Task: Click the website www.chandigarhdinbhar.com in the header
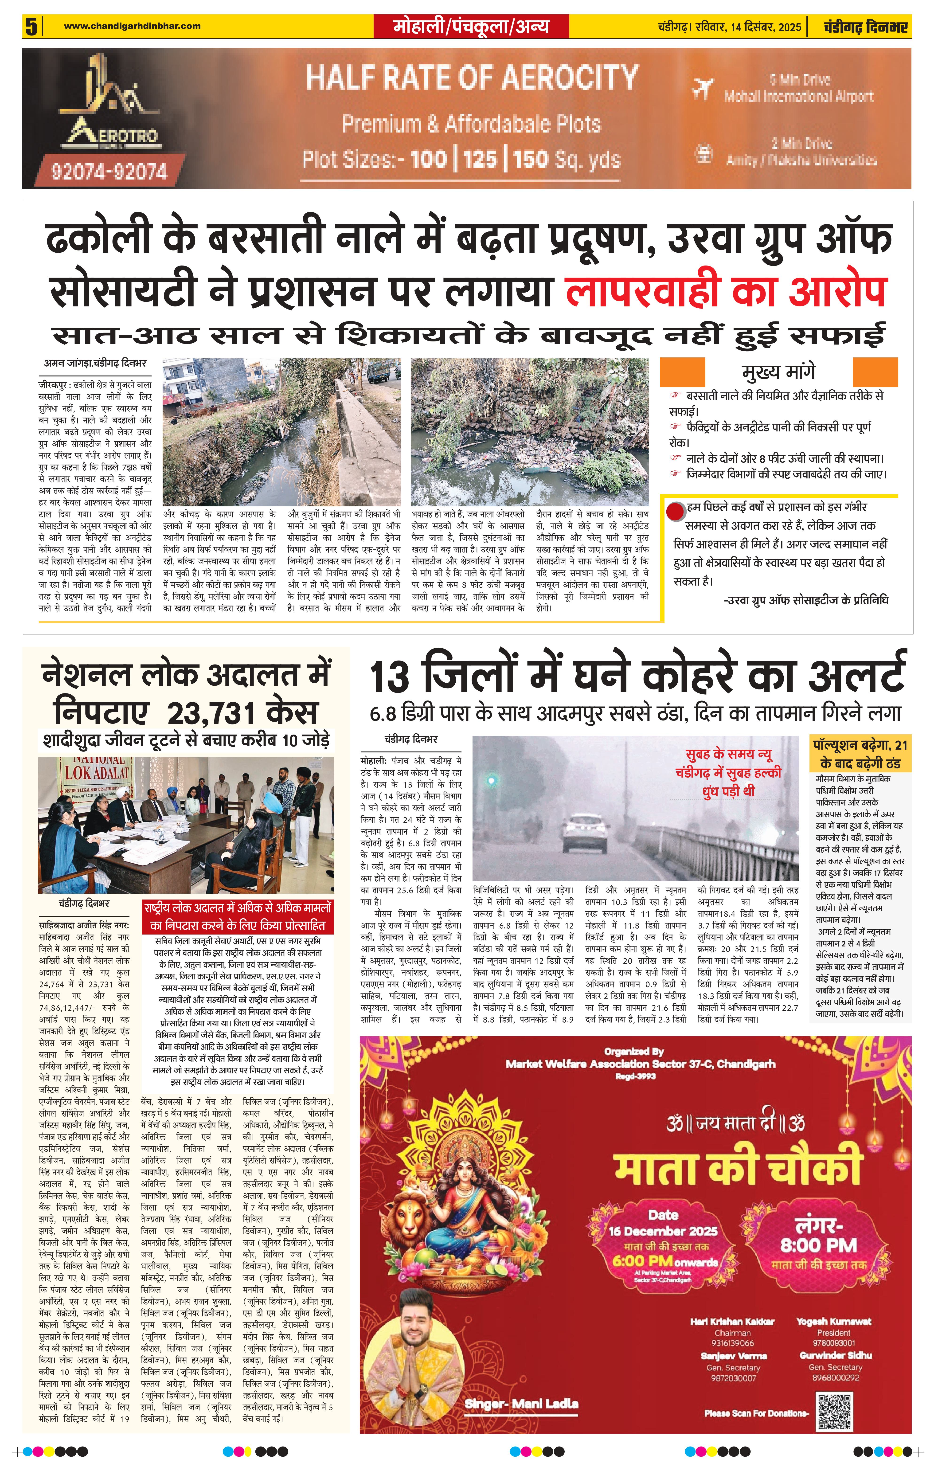(x=132, y=26)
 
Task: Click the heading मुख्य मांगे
(x=779, y=372)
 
